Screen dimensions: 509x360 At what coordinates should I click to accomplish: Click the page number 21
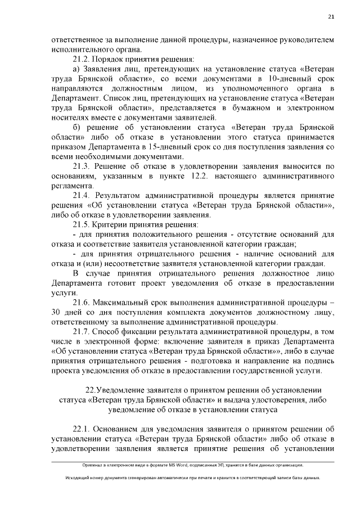click(331, 17)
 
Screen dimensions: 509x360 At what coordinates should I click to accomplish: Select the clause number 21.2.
click(82, 59)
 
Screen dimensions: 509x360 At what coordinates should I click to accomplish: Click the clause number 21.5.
click(82, 224)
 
